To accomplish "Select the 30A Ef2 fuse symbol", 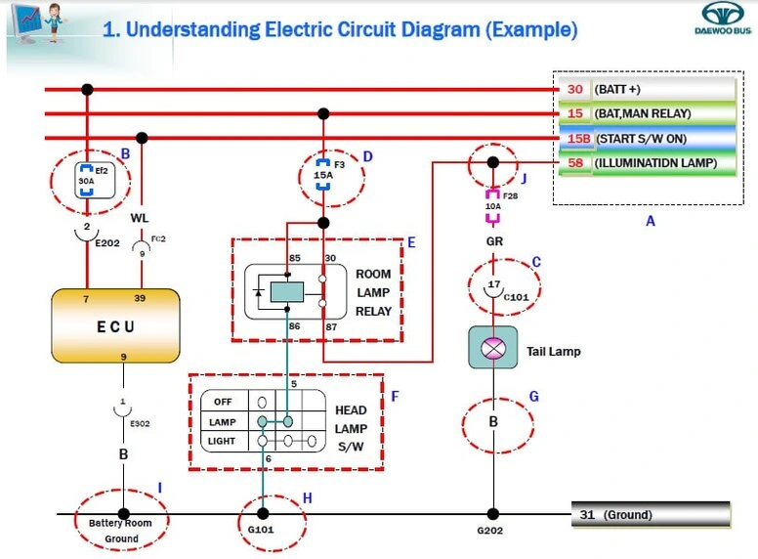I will (x=87, y=181).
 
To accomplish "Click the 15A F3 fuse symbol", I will (x=322, y=174).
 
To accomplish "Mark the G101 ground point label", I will (x=262, y=532).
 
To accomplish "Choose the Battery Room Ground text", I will (x=121, y=530).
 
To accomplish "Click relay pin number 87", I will (x=330, y=326).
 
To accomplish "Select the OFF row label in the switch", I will (x=224, y=401).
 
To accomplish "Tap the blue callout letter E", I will (x=411, y=241).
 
